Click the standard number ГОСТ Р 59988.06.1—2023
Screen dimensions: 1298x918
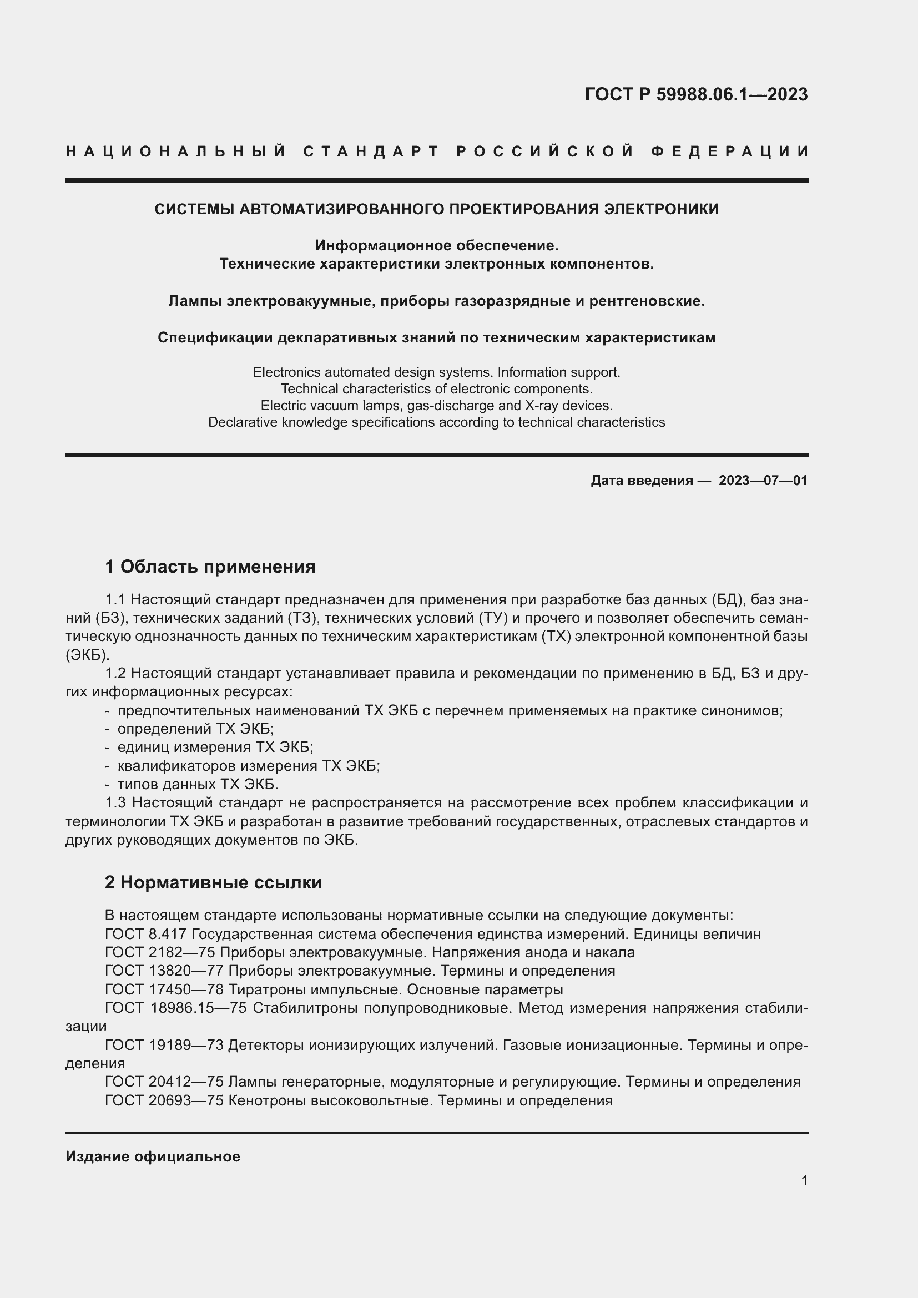(x=696, y=94)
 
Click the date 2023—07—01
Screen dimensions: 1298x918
(x=763, y=481)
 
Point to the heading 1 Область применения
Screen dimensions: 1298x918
(x=210, y=567)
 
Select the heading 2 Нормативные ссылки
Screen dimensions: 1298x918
(x=213, y=882)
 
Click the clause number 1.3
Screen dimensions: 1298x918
(x=117, y=803)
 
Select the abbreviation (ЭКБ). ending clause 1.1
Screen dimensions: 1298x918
(x=88, y=655)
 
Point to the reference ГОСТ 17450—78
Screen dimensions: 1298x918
(x=164, y=989)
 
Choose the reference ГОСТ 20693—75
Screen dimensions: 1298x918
(x=164, y=1100)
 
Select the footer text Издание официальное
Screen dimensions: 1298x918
(x=153, y=1156)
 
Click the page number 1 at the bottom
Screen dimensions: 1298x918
(x=804, y=1180)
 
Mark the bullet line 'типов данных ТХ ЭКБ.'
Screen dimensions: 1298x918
(x=197, y=784)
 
